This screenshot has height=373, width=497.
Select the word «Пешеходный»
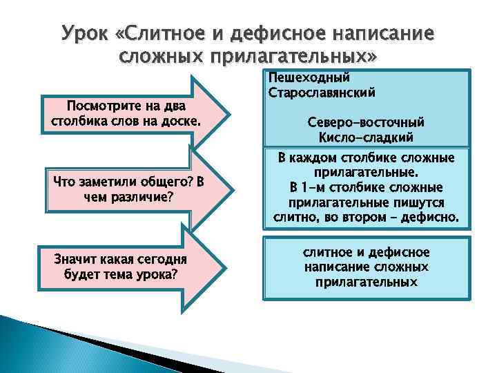[x=309, y=77]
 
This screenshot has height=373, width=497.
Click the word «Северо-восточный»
[x=366, y=122]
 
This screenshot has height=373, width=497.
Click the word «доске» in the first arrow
[x=182, y=121]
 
